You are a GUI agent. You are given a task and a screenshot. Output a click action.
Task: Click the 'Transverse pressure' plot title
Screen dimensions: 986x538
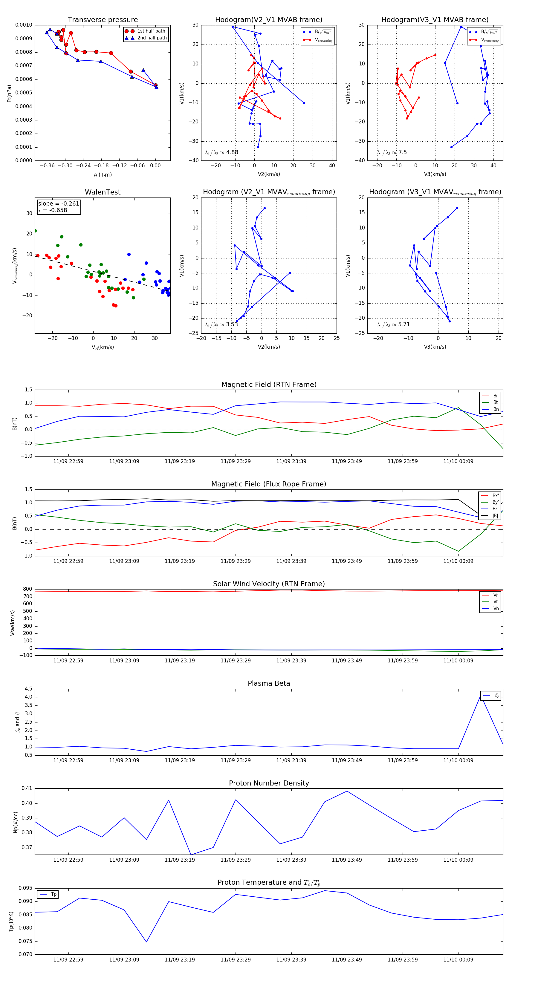(103, 20)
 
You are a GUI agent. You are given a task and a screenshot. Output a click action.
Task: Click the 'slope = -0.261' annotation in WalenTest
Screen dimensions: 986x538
(59, 204)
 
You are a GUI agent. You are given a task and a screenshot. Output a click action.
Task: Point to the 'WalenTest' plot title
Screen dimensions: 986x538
(103, 192)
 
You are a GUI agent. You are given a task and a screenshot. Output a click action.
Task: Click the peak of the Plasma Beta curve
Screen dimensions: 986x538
(481, 694)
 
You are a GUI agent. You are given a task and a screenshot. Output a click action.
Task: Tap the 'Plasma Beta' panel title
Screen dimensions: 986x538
(269, 684)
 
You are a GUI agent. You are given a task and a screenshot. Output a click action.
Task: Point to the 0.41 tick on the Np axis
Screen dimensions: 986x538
(27, 788)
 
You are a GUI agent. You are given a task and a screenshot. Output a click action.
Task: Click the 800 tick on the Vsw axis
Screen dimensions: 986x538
(27, 589)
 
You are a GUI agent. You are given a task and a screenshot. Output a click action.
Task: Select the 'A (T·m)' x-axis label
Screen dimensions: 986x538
(103, 175)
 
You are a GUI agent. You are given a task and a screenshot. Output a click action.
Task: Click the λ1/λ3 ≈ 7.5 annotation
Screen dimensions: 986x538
(392, 152)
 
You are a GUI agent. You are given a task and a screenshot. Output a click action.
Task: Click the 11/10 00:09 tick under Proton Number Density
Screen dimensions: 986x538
(458, 860)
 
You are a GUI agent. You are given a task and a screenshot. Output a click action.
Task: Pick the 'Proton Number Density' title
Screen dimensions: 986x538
(269, 783)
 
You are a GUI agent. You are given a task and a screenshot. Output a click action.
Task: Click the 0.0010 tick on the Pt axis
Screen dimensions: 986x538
(24, 25)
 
